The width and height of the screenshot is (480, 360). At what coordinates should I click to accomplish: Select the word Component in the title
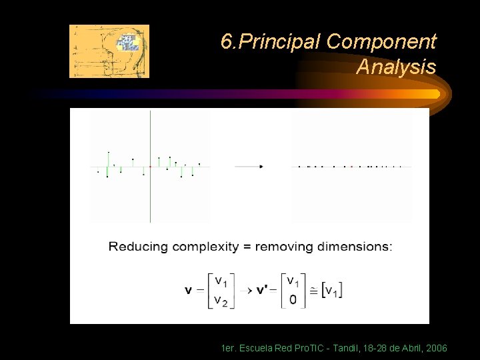[381, 43]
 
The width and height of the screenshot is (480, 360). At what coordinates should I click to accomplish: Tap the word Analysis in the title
[396, 67]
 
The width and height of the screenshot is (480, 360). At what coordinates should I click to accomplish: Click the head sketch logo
[109, 51]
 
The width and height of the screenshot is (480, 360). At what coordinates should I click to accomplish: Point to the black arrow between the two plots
[249, 166]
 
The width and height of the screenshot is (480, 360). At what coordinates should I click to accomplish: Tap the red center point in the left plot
[150, 166]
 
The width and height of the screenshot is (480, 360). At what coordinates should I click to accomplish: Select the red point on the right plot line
[351, 166]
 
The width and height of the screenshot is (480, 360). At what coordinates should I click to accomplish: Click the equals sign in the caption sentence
[246, 247]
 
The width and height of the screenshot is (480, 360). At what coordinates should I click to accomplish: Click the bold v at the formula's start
[189, 291]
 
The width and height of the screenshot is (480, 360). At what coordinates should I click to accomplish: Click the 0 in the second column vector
[293, 300]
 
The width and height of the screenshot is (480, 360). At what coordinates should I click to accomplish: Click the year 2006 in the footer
[435, 349]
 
